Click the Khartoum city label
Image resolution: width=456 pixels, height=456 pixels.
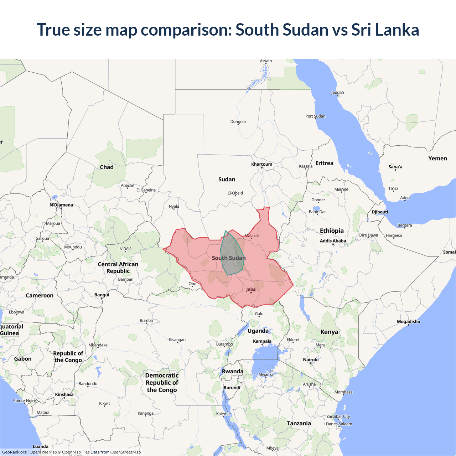[x=261, y=164]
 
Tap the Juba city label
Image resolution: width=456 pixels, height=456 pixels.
[x=251, y=289]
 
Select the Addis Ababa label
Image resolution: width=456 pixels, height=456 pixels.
[x=333, y=241]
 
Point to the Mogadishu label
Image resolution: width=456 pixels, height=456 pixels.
[x=408, y=322]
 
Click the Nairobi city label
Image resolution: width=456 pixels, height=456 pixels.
[x=311, y=360]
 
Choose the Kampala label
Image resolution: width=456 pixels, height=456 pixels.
[x=262, y=341]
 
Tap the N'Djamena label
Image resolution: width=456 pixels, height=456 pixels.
[x=61, y=205]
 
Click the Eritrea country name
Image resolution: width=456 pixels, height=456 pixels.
[x=324, y=163]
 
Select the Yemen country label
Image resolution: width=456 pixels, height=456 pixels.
[x=437, y=159]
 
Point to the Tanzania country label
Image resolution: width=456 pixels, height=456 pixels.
[x=299, y=423]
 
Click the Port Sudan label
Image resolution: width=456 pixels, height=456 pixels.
[x=315, y=116]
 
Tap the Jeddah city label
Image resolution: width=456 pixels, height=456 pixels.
[x=338, y=93]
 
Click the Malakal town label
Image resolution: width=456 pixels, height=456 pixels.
[x=252, y=236]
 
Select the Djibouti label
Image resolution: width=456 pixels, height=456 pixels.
[x=380, y=212]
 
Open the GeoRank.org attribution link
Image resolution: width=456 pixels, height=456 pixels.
[x=14, y=452]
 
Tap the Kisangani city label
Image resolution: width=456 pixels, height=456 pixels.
[x=177, y=340]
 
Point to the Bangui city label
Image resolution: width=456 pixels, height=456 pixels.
[x=102, y=295]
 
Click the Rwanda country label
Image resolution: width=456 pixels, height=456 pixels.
[x=233, y=372]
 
